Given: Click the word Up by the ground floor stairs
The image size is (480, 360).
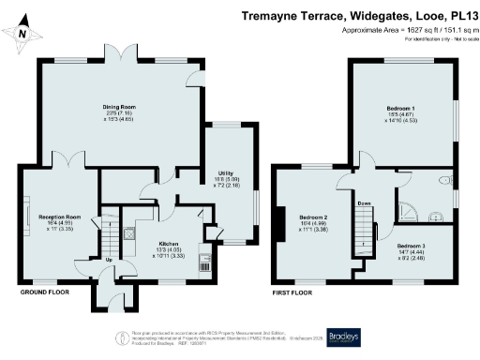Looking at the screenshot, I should click(109, 260).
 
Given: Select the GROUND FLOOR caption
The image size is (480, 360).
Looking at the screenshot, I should click(46, 292).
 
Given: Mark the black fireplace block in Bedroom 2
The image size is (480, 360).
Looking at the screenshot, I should click(277, 219).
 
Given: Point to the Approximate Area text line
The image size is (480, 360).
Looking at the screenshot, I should click(404, 30).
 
